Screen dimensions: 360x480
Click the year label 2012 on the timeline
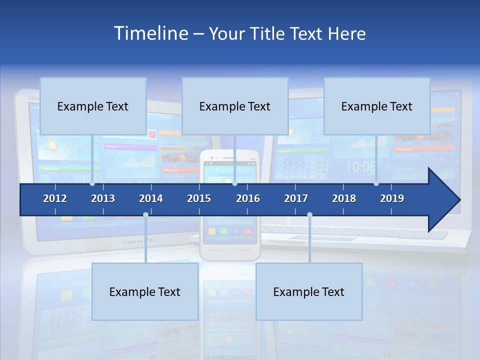click(x=55, y=198)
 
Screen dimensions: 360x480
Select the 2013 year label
click(x=103, y=198)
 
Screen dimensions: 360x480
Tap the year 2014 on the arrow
click(x=151, y=198)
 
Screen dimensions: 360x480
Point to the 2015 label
click(x=199, y=198)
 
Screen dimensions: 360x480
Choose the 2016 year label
click(x=248, y=198)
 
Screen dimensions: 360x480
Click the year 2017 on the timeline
click(x=296, y=198)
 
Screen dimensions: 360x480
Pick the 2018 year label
click(x=344, y=198)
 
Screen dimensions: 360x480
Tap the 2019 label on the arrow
click(x=392, y=198)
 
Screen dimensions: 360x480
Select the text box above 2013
click(x=93, y=106)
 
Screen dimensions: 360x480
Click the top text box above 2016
click(x=235, y=106)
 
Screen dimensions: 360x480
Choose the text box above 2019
click(x=377, y=106)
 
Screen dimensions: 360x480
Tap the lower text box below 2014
click(x=145, y=291)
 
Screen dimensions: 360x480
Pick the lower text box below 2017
click(x=309, y=291)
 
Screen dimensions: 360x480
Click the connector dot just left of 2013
click(x=92, y=183)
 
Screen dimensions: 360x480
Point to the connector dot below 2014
click(x=145, y=215)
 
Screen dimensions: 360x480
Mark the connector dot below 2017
click(x=309, y=215)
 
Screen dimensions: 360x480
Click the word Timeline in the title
click(x=150, y=33)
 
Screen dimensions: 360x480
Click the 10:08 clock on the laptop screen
click(x=361, y=166)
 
